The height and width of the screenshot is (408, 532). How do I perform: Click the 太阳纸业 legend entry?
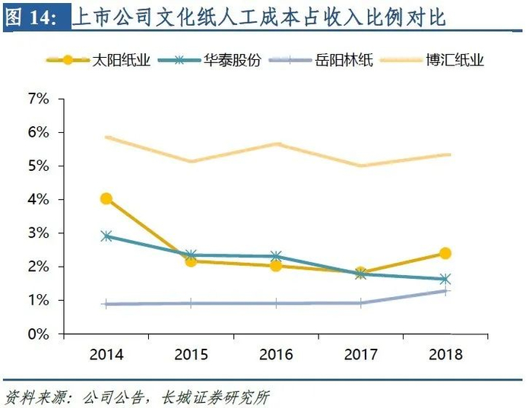tap(98, 60)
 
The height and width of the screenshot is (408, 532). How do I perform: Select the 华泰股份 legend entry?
tap(210, 60)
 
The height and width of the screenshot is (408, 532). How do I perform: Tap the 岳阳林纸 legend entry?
tap(321, 60)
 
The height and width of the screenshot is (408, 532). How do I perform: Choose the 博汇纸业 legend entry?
tap(432, 60)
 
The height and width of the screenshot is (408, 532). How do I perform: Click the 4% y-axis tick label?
tap(39, 199)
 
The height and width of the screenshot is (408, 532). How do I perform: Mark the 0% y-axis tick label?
tap(39, 334)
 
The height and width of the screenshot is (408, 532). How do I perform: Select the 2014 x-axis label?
tap(106, 354)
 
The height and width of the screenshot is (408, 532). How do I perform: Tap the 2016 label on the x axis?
tap(276, 354)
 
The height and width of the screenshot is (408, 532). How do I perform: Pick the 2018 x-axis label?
tap(445, 354)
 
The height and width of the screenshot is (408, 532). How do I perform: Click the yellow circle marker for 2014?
tap(106, 199)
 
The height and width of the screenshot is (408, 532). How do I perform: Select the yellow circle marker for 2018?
tap(445, 253)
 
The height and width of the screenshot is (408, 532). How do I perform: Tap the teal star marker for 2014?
tap(106, 236)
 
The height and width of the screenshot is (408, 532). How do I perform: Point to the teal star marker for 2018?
tap(445, 279)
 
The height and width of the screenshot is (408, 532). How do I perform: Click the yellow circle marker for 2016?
tap(276, 266)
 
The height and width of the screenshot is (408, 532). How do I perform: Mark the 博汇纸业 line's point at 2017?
tap(361, 166)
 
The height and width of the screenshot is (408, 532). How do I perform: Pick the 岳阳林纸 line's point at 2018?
tap(445, 291)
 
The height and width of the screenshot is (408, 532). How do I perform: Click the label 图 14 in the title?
tap(31, 17)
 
